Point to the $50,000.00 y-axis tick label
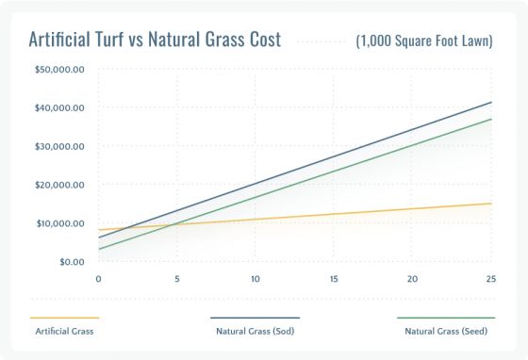[59, 69]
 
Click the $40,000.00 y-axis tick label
[59, 107]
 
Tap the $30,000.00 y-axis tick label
[59, 146]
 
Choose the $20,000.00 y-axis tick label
[59, 185]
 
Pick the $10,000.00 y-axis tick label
[59, 223]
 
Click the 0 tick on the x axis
[98, 279]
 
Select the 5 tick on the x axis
[176, 279]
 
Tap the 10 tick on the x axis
[255, 279]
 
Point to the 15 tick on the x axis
[334, 279]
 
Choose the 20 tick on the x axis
[412, 279]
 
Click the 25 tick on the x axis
[490, 279]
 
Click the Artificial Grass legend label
[64, 332]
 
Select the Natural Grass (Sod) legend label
[254, 332]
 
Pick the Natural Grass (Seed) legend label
[445, 332]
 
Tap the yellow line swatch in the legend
[64, 319]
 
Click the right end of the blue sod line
[491, 102]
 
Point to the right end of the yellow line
[491, 204]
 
